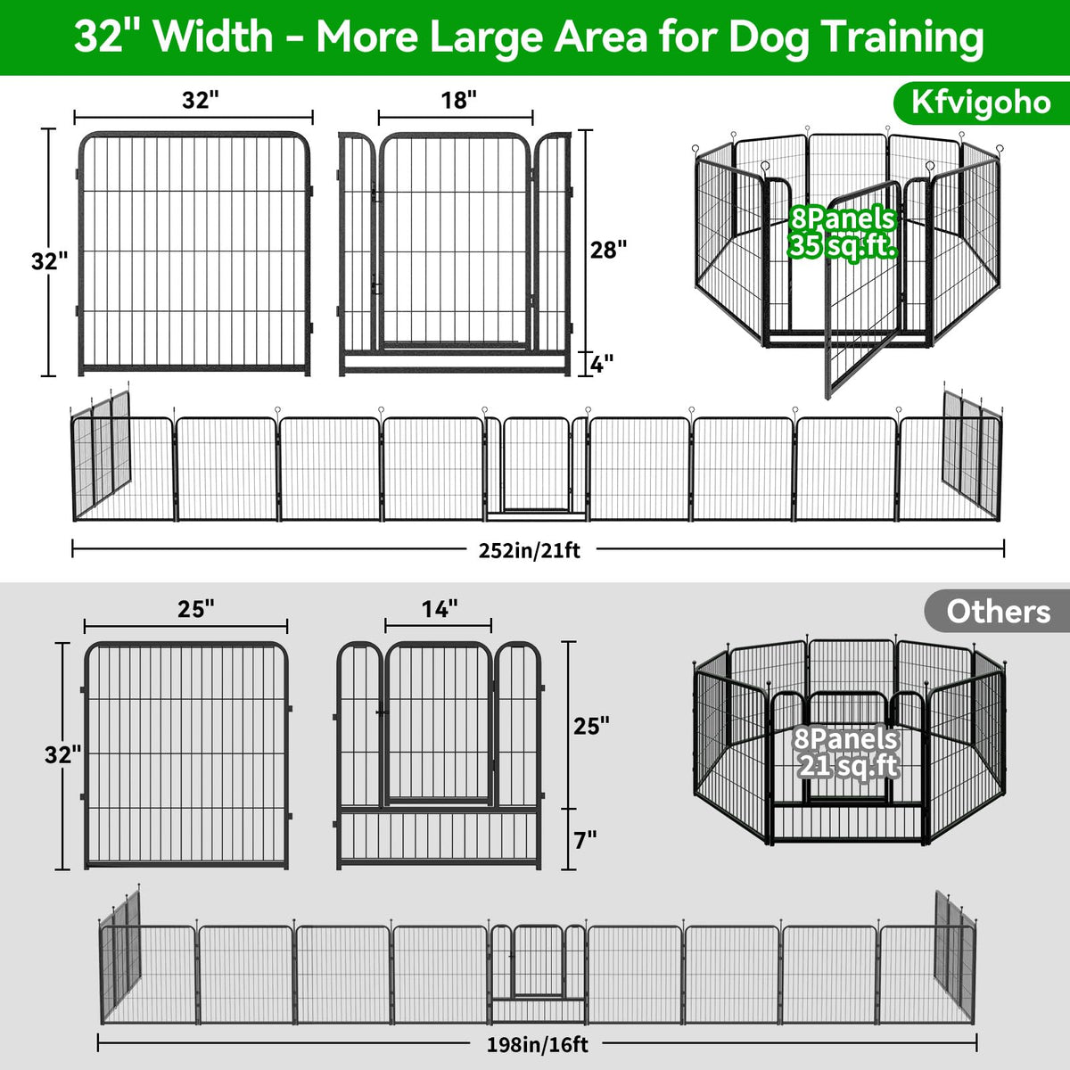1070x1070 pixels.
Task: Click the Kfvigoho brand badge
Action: click(981, 103)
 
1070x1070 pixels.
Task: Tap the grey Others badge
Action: click(997, 612)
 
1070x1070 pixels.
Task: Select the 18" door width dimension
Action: click(458, 101)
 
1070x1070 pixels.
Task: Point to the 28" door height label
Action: click(608, 250)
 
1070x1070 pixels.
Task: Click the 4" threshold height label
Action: click(601, 365)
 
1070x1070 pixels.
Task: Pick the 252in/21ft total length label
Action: click(529, 550)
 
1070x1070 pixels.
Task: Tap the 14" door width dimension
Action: click(440, 609)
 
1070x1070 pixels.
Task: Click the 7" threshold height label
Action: click(585, 840)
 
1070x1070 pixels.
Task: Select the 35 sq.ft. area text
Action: click(843, 245)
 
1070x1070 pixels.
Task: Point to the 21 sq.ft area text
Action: click(849, 767)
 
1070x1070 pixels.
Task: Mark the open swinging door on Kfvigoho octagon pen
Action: click(861, 289)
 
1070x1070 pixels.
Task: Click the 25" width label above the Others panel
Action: click(196, 609)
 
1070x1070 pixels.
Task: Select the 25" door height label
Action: click(592, 726)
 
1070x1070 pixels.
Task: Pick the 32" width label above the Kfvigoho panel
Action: click(201, 101)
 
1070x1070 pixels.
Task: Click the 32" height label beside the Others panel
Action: click(62, 755)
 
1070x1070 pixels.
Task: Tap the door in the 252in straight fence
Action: click(536, 465)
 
